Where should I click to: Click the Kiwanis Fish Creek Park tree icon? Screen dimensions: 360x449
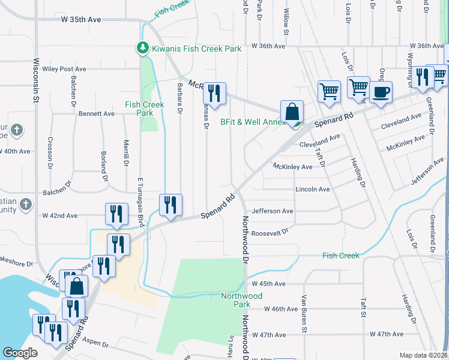point(142,47)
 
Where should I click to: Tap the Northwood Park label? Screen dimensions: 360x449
point(241,300)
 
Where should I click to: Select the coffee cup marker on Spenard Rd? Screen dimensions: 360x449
point(381,94)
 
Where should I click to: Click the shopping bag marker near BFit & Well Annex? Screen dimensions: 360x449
point(292,112)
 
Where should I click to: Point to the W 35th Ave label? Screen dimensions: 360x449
point(81,20)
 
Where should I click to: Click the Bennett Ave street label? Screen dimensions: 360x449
point(96,113)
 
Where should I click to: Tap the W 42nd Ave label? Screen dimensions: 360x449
point(60,215)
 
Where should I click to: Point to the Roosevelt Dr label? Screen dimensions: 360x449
point(270,233)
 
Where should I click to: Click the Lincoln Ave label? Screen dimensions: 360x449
point(313,190)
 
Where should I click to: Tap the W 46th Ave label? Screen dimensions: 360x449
point(275,309)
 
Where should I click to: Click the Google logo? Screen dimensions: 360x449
point(20,353)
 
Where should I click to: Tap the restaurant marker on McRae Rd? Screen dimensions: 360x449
point(214,94)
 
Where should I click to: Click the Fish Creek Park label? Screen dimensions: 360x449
point(139,109)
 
